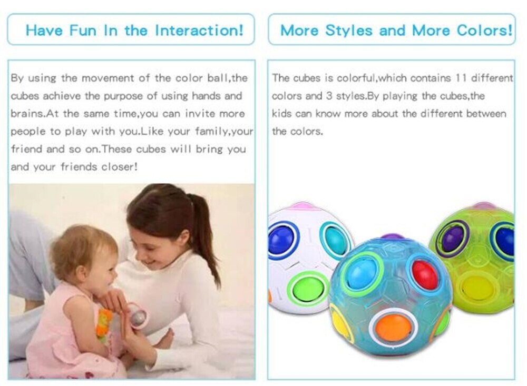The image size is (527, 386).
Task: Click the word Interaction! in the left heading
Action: pyautogui.click(x=199, y=30)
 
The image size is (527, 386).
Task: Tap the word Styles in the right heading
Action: pyautogui.click(x=349, y=30)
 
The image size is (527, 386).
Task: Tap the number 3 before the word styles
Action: pyautogui.click(x=329, y=96)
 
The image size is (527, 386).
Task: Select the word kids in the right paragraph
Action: pyautogui.click(x=281, y=114)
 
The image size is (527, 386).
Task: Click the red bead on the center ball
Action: pyautogui.click(x=425, y=274)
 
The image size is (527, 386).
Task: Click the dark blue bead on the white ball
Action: pyautogui.click(x=281, y=239)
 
